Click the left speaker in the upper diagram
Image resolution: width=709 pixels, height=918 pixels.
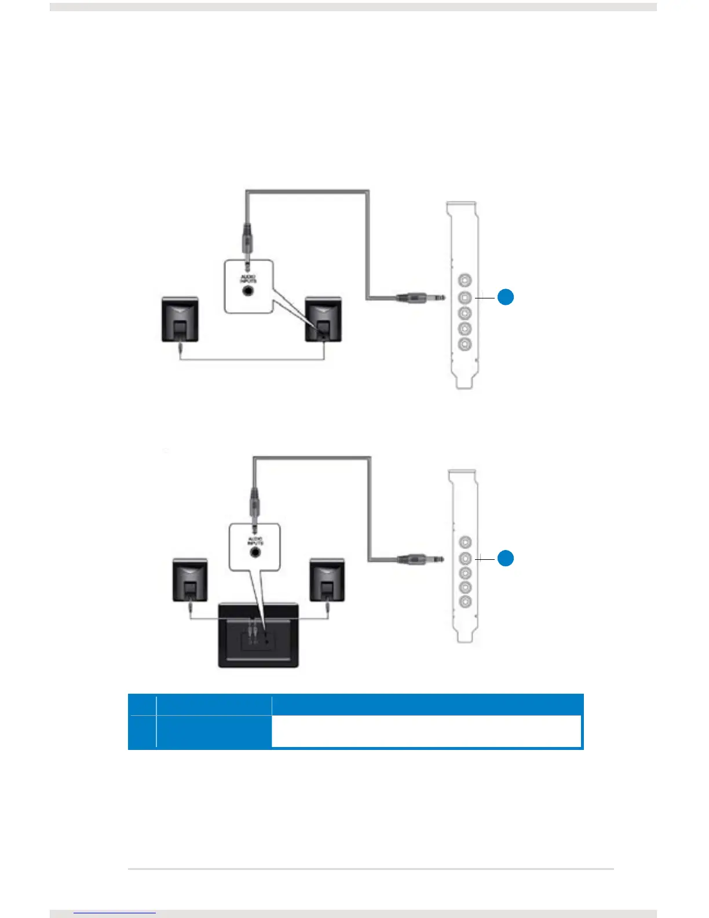(x=180, y=319)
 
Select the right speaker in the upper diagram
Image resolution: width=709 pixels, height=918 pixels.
(x=323, y=319)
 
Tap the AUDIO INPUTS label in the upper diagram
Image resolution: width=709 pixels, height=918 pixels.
(x=248, y=279)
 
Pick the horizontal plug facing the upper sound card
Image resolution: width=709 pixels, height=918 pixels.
(x=420, y=298)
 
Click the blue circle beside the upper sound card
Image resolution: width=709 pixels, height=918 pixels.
(x=506, y=297)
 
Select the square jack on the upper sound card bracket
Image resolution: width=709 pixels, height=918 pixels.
(x=465, y=297)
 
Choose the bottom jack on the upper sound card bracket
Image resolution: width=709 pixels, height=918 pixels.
(x=465, y=344)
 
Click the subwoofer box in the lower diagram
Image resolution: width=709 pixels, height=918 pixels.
(x=258, y=635)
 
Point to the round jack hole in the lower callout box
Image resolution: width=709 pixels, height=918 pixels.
(x=255, y=552)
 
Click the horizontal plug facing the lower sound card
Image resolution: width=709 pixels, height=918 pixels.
(x=420, y=559)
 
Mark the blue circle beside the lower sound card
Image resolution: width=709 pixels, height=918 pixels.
(x=506, y=558)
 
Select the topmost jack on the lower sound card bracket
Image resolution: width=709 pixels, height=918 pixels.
(x=465, y=542)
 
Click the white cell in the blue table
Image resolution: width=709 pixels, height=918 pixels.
(x=426, y=731)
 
